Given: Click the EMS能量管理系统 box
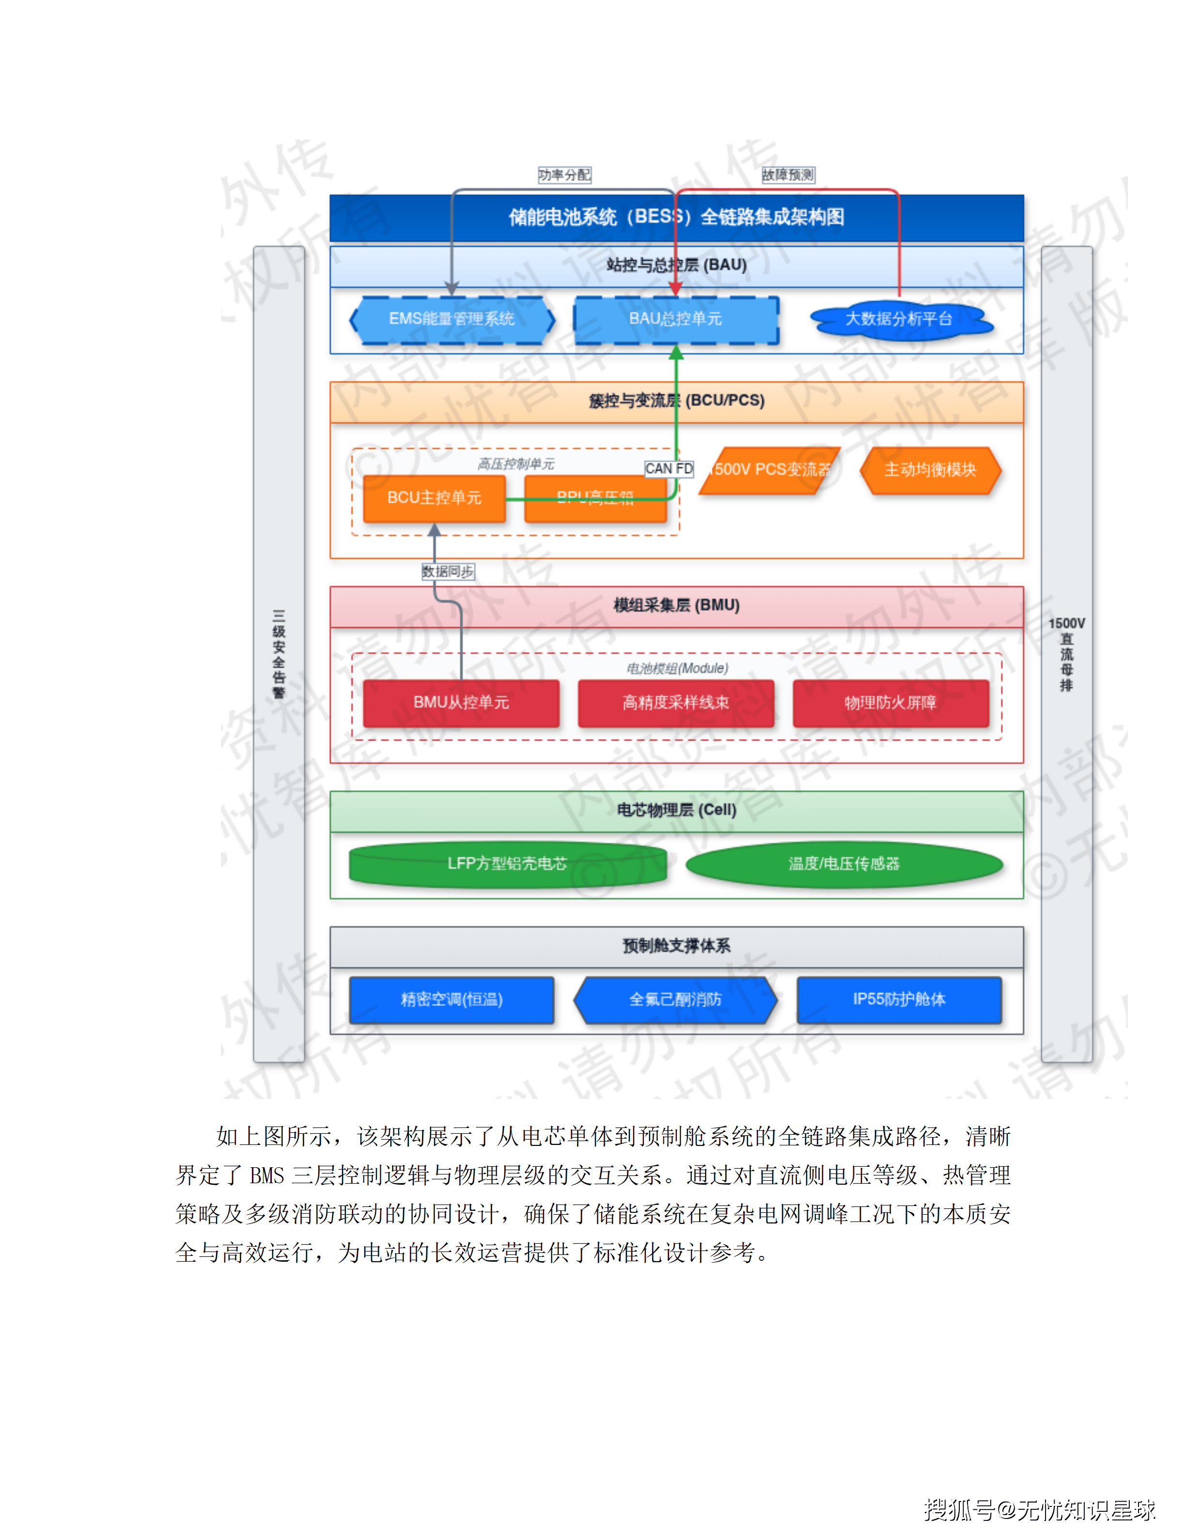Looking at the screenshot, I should (452, 319).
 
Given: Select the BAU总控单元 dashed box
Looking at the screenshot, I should (675, 319).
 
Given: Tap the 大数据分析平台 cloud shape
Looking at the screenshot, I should (899, 319).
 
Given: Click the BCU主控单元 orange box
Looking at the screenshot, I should (434, 498).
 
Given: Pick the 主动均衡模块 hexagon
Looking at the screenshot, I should (930, 470).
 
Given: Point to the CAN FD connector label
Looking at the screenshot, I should (669, 468).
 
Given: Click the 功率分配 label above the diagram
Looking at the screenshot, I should (564, 174).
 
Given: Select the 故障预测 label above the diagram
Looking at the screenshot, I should (788, 174).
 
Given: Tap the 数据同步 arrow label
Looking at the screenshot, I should (448, 571).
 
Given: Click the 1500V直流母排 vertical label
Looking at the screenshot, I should (1066, 654).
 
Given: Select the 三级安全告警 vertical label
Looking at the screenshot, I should (279, 654).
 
